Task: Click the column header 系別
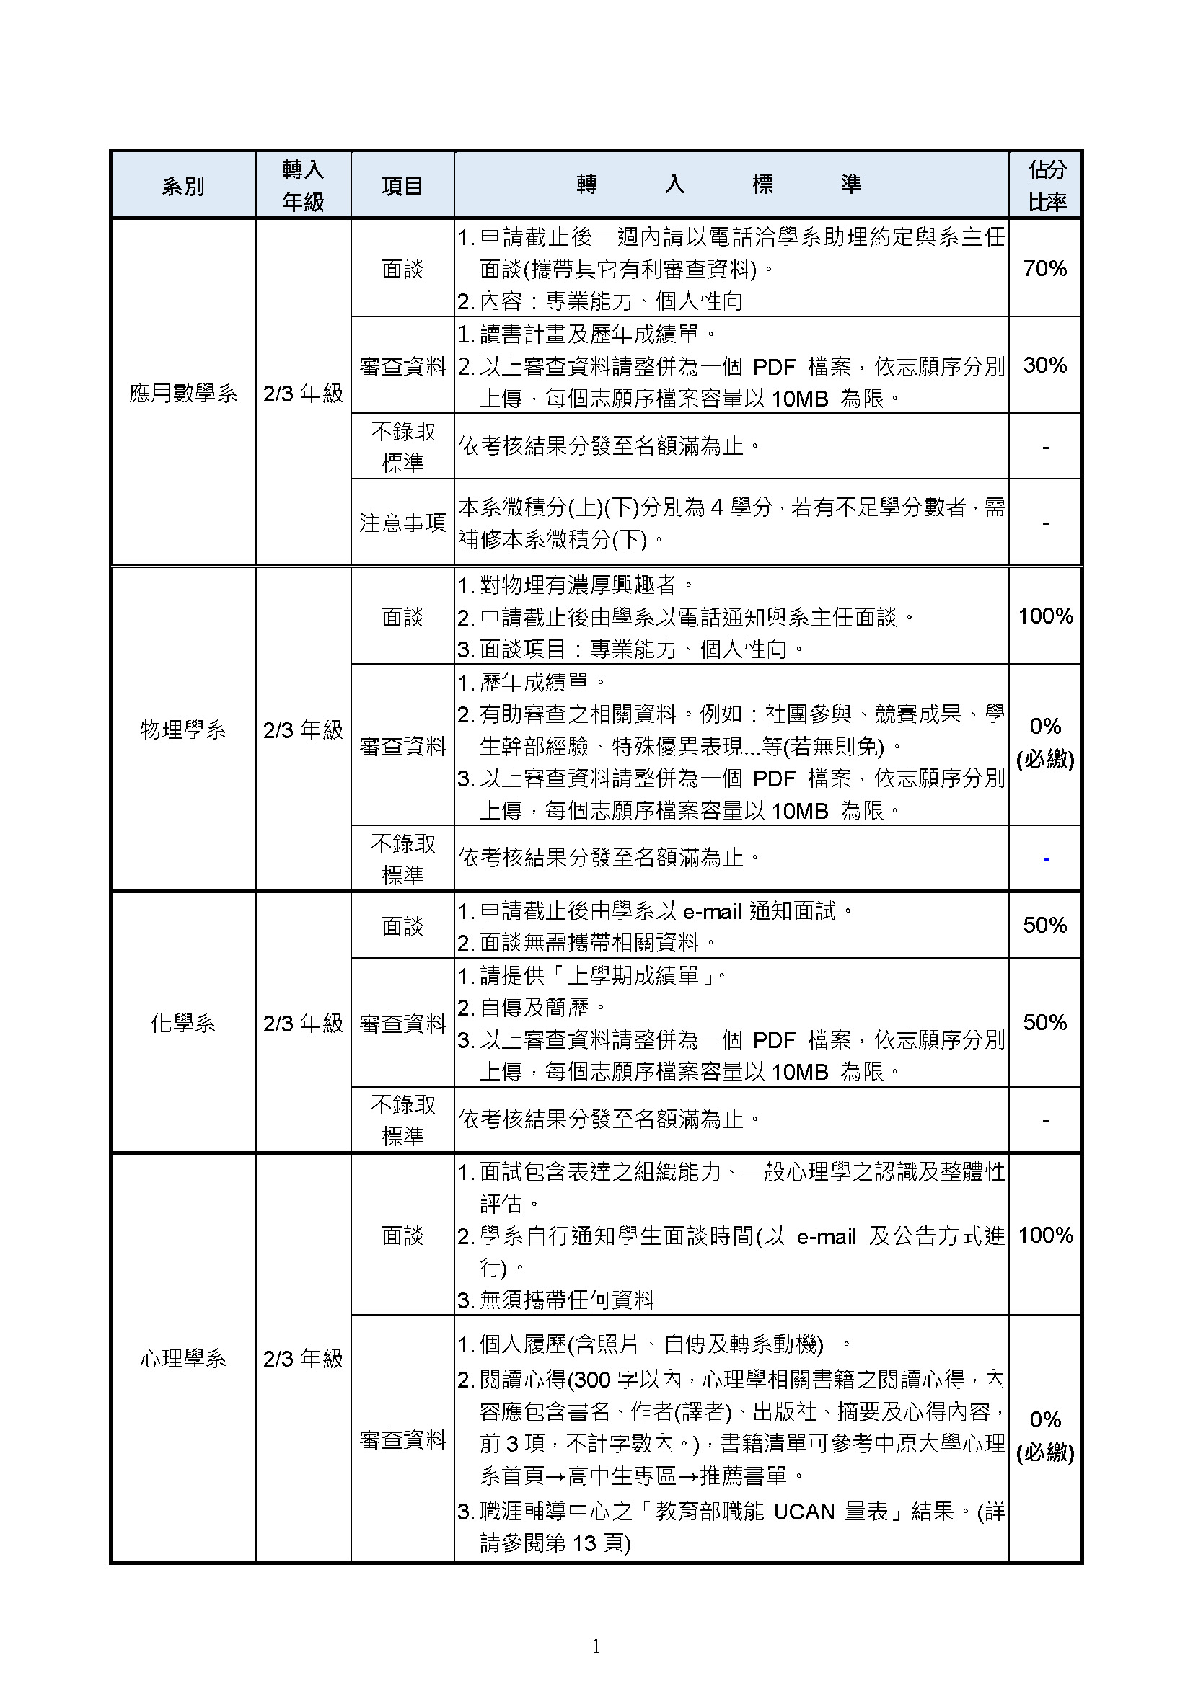183,187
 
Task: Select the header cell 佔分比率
1046,186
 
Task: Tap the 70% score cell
1044,269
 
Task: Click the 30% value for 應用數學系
1044,365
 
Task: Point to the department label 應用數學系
183,394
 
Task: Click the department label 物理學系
183,730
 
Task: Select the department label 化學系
183,1023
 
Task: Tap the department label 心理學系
183,1359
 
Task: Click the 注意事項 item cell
402,523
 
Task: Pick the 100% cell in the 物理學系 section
1045,616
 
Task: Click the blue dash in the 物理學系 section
1046,859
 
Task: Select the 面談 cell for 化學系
402,926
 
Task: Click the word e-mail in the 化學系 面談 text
713,912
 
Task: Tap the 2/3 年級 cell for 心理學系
303,1359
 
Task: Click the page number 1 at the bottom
596,1646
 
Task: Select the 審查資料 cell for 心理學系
402,1439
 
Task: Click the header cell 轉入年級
303,186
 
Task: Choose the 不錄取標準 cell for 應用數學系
402,446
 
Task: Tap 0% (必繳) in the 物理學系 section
1045,742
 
